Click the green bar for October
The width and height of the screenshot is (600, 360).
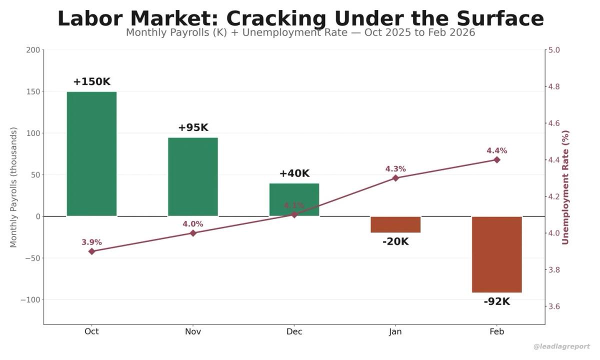(x=91, y=153)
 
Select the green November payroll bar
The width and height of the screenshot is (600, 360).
(x=193, y=176)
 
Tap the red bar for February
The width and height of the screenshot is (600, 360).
(x=496, y=254)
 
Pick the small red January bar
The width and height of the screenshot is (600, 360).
(x=395, y=224)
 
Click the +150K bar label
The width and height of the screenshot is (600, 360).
(x=91, y=81)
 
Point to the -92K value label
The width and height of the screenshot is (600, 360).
(x=496, y=301)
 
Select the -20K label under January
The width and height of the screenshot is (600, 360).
(x=395, y=242)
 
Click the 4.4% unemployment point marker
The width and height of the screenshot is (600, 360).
(x=496, y=160)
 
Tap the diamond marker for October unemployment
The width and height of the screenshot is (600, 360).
(x=91, y=251)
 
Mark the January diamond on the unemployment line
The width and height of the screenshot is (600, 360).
(x=395, y=178)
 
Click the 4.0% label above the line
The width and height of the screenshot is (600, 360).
(x=193, y=224)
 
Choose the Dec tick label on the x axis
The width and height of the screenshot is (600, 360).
(x=294, y=331)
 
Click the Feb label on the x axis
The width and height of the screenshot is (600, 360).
(x=496, y=331)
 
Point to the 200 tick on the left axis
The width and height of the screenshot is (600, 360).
(x=33, y=50)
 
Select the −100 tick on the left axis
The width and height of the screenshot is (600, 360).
(x=31, y=300)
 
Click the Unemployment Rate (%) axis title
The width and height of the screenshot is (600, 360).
(x=565, y=187)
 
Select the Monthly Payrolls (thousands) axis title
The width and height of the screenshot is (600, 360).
(x=13, y=187)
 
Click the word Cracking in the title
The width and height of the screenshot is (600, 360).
(x=276, y=18)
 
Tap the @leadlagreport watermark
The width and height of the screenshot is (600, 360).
(x=561, y=346)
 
